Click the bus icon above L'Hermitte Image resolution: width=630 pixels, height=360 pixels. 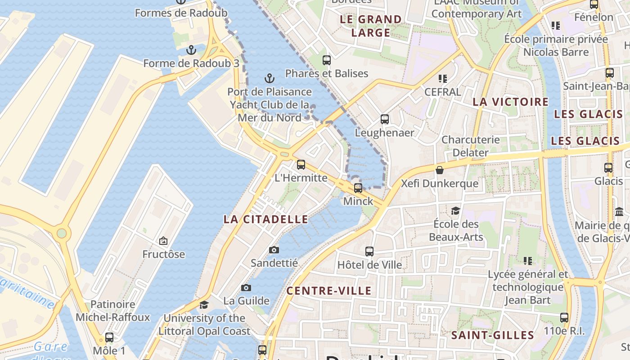pyautogui.click(x=301, y=165)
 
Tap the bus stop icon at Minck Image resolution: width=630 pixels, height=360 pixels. pyautogui.click(x=358, y=188)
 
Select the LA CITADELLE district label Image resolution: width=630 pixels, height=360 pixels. pyautogui.click(x=266, y=220)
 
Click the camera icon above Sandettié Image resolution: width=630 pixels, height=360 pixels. pyautogui.click(x=274, y=250)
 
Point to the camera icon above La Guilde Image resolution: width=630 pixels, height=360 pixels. pyautogui.click(x=246, y=288)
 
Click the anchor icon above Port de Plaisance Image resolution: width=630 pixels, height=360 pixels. pyautogui.click(x=269, y=79)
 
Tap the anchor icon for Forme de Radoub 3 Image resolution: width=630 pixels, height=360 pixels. pyautogui.click(x=191, y=50)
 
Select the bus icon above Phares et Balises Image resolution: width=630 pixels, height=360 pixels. pyautogui.click(x=327, y=60)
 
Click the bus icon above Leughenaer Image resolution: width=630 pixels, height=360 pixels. pyautogui.click(x=384, y=119)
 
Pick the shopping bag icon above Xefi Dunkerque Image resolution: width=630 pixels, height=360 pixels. pyautogui.click(x=439, y=170)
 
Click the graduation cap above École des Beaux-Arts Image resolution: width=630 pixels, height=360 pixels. pyautogui.click(x=455, y=211)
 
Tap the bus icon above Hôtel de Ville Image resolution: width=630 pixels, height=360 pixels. pyautogui.click(x=369, y=252)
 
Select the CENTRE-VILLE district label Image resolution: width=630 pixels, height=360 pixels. pyautogui.click(x=329, y=291)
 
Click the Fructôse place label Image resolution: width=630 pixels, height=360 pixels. pyautogui.click(x=164, y=254)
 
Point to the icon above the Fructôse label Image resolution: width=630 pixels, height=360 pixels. pyautogui.click(x=163, y=241)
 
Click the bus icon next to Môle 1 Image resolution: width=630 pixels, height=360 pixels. pyautogui.click(x=109, y=337)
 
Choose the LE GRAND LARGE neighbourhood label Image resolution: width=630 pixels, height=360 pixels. pyautogui.click(x=371, y=26)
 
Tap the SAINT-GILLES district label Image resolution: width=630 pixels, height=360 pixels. pyautogui.click(x=493, y=335)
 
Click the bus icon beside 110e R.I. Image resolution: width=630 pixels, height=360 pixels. pyautogui.click(x=564, y=318)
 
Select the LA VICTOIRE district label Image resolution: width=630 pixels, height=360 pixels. pyautogui.click(x=511, y=102)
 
